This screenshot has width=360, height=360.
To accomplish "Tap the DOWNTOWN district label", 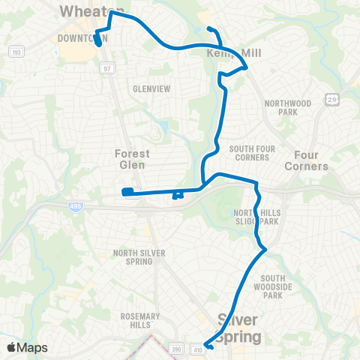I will tap(82, 37).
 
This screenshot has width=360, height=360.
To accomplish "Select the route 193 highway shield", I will tap(15, 52).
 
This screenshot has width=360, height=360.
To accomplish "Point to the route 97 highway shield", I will tap(106, 68).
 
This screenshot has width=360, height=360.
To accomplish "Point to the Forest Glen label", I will tap(132, 158).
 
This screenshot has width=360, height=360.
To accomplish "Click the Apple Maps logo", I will tap(27, 347).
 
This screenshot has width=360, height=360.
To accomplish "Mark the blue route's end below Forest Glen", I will tap(127, 192).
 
